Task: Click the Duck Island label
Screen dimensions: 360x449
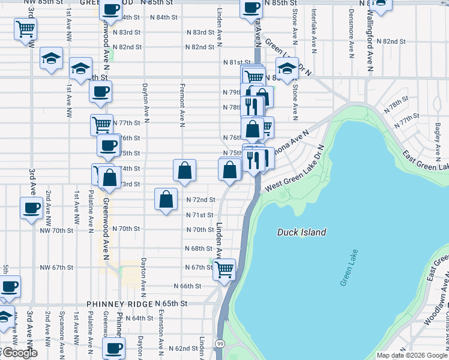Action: click(x=302, y=232)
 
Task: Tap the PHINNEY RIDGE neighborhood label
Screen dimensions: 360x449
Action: click(x=119, y=305)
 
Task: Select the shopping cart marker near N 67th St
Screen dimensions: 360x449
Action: click(x=224, y=269)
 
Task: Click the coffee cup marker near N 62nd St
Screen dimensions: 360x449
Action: click(x=113, y=348)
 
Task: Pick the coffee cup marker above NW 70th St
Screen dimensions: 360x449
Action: click(x=31, y=209)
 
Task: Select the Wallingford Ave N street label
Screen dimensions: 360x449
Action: click(x=371, y=37)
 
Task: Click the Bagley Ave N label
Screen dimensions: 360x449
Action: click(x=437, y=137)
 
